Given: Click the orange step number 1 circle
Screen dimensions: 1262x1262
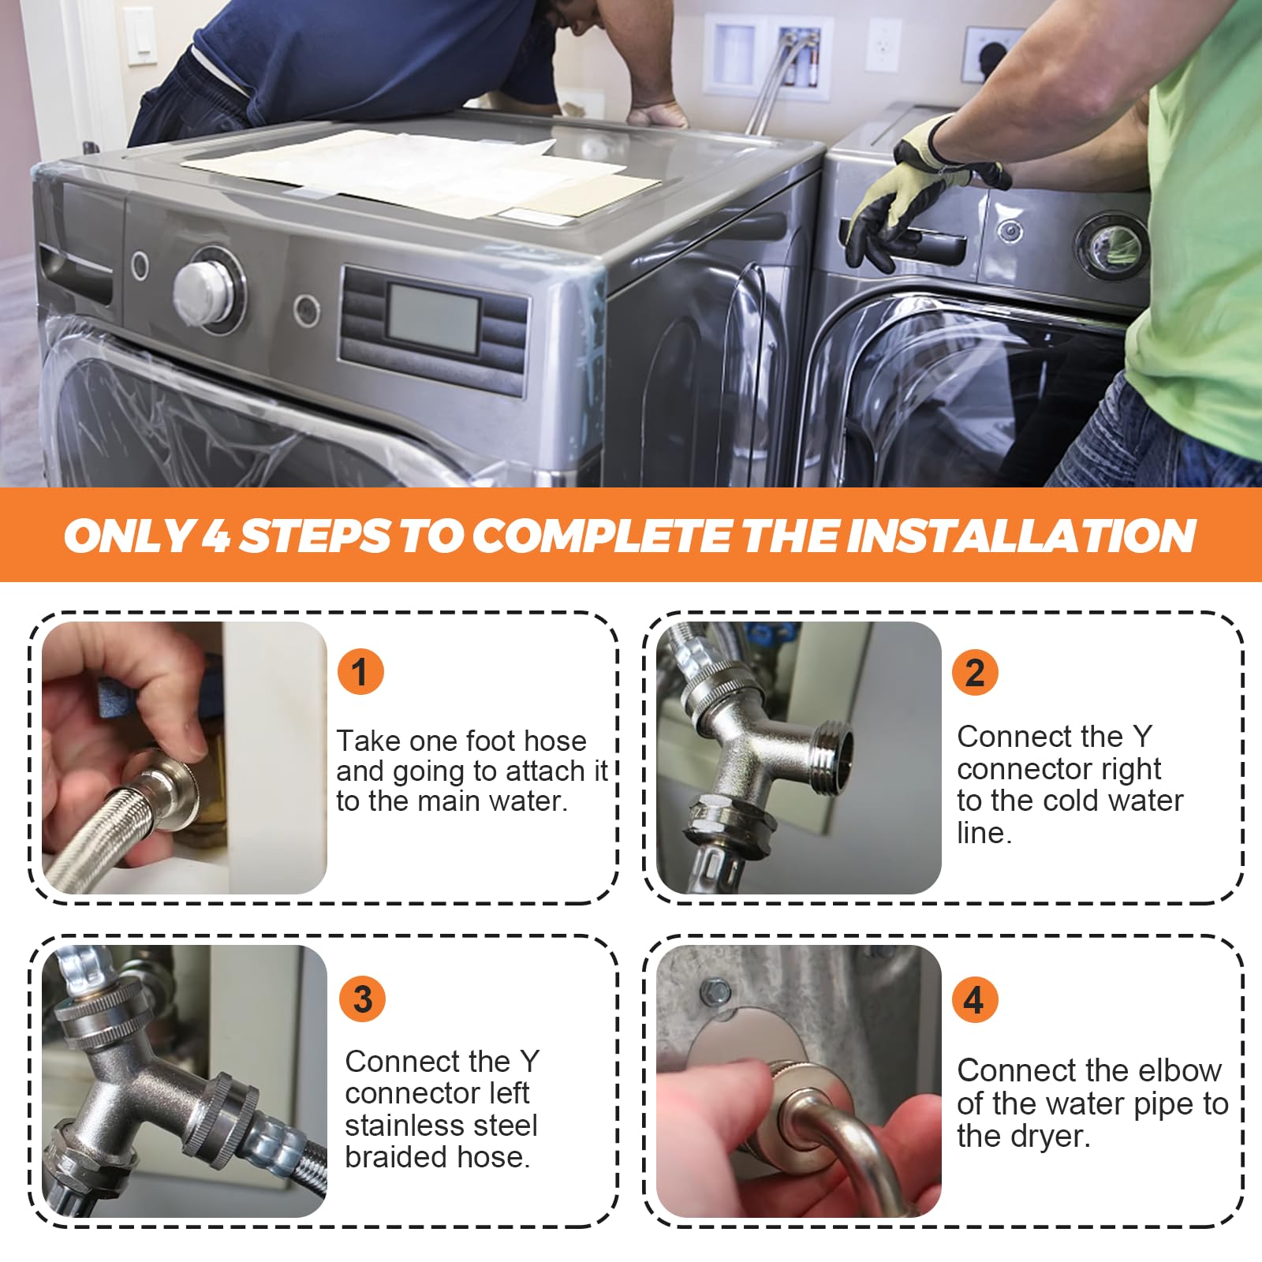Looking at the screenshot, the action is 360,672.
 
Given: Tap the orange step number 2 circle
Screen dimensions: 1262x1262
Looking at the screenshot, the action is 975,672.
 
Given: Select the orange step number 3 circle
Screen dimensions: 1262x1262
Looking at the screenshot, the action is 362,999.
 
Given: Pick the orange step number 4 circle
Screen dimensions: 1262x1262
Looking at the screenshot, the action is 975,999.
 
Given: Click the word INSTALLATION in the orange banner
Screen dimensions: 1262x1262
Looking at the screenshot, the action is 1021,536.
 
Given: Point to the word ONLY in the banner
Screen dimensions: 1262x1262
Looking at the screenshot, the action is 129,536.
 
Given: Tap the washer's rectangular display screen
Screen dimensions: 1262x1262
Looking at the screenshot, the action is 432,319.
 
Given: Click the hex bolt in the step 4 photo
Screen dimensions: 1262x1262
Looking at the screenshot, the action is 715,988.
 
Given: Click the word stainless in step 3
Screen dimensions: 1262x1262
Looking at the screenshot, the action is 441,1126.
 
